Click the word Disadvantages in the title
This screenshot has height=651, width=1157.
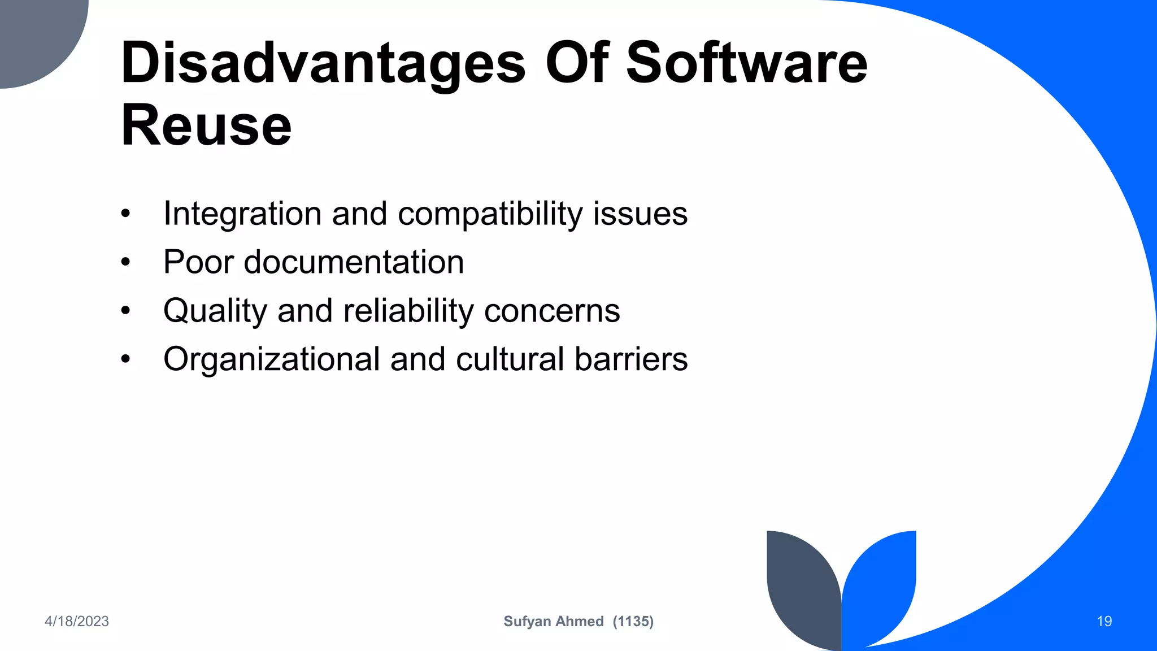tap(323, 63)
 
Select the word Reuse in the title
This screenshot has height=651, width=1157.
tap(206, 125)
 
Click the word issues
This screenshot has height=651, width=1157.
tap(640, 214)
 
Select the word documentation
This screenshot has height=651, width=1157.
tap(354, 262)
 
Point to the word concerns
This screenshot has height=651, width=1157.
tap(552, 311)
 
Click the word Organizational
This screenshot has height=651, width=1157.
tap(272, 359)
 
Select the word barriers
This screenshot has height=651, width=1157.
tap(631, 359)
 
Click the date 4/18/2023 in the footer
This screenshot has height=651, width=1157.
tap(77, 622)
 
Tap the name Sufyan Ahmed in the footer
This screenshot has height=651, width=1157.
tap(553, 622)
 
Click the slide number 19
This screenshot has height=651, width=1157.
tap(1104, 622)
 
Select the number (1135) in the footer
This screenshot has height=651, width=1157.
tap(633, 622)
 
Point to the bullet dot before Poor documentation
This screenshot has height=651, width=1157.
tap(125, 262)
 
